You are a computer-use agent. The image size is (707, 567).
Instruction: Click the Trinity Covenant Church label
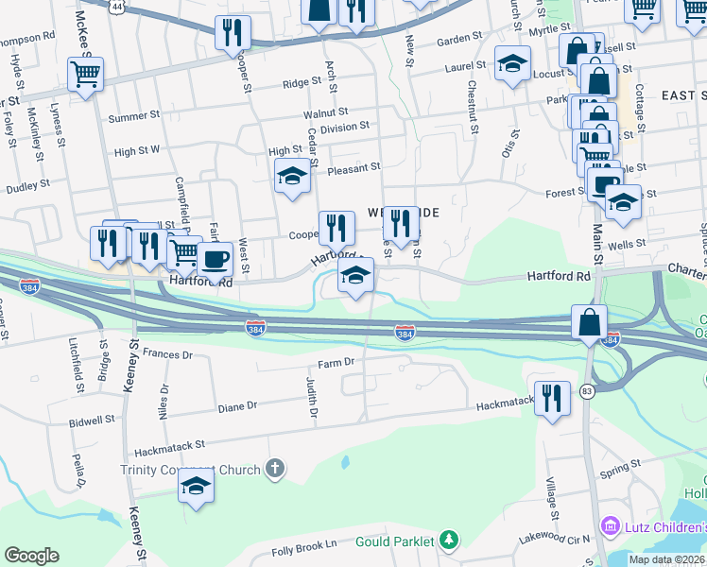[190, 470]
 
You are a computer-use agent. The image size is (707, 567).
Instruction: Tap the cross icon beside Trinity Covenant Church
[274, 469]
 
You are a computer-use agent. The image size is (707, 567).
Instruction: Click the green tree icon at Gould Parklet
[451, 541]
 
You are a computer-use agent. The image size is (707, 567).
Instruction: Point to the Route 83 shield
[587, 392]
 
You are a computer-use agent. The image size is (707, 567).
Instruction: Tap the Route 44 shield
[115, 6]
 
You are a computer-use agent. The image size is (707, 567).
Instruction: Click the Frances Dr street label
[167, 355]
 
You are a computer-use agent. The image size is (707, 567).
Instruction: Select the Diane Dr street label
[237, 406]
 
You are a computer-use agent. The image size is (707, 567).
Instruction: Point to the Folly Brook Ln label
[304, 545]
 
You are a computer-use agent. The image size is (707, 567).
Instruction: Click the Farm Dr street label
[336, 362]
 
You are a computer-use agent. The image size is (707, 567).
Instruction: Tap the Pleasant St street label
[353, 167]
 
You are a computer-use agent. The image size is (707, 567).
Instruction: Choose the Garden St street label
[459, 40]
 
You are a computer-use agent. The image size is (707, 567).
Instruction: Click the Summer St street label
[134, 116]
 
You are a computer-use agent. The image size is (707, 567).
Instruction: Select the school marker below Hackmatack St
[196, 486]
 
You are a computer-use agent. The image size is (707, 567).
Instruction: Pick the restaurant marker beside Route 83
[552, 397]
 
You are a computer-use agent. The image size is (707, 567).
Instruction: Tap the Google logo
[31, 556]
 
